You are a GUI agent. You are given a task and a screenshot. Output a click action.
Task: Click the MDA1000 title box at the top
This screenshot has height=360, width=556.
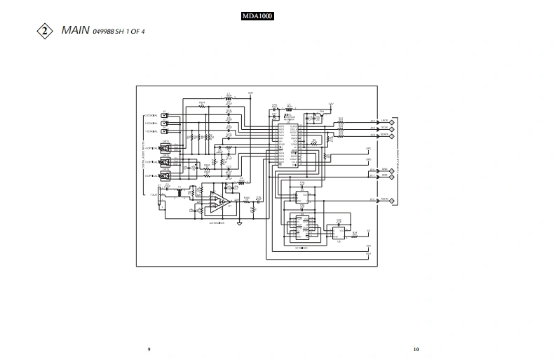[x=257, y=16]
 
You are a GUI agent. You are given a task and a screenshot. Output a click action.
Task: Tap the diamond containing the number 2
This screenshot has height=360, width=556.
[x=46, y=31]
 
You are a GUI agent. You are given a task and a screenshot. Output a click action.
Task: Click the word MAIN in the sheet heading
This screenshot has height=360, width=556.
[x=75, y=30]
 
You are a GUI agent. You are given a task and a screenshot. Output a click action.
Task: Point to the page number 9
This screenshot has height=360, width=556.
[x=149, y=349]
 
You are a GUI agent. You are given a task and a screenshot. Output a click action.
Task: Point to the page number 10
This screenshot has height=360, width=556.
[x=416, y=349]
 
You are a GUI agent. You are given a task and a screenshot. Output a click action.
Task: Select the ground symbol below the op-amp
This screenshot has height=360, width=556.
[x=240, y=222]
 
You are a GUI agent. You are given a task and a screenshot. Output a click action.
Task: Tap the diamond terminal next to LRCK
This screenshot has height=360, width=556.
[x=392, y=121]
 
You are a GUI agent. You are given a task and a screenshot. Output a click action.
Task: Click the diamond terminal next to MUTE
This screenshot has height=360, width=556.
[x=392, y=200]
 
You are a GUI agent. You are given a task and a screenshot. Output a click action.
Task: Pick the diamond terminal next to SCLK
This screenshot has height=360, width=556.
[x=392, y=128]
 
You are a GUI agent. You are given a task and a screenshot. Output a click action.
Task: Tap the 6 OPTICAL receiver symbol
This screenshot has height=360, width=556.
[x=165, y=176]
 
